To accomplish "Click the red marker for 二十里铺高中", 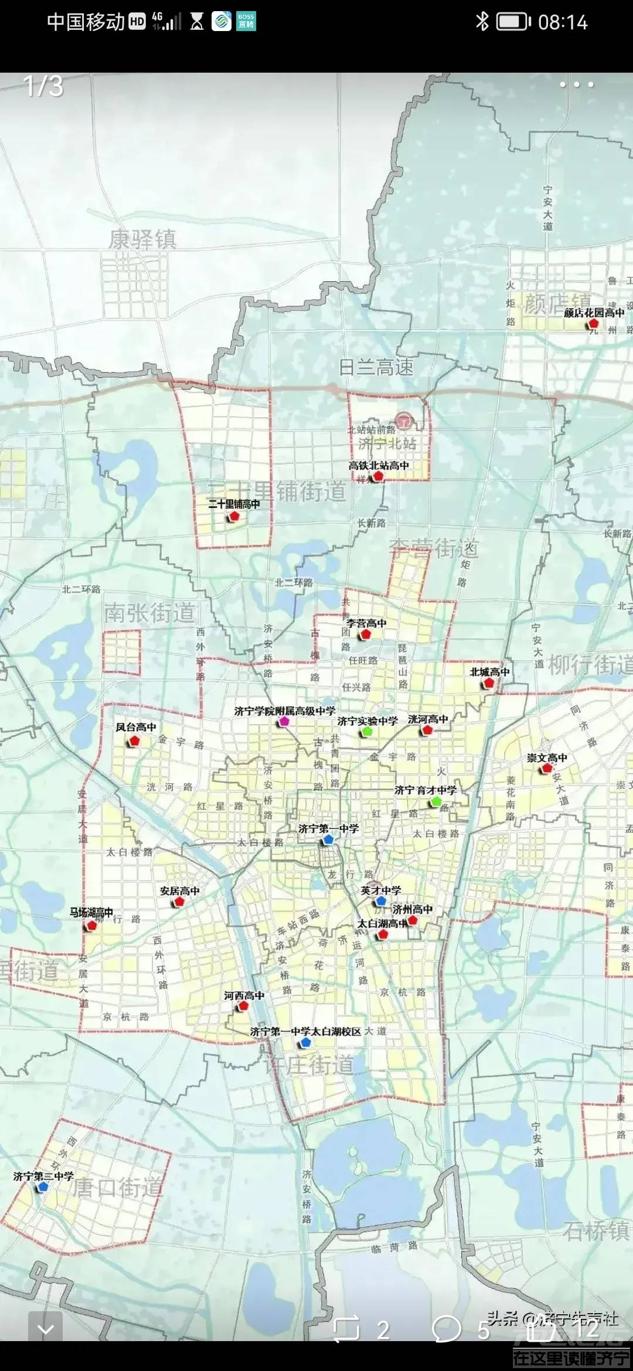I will coord(234,516).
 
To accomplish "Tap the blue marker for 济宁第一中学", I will coord(328,840).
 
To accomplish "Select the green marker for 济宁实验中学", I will coord(367,731).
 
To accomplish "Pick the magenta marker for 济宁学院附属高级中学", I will coord(284,722).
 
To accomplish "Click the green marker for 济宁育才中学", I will coord(436,801).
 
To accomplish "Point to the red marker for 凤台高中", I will coord(134,741).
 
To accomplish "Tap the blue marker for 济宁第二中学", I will coord(42,1187).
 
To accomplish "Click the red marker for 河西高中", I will coord(243,1006).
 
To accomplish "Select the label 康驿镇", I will coord(142,240).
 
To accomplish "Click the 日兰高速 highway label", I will coord(376,367).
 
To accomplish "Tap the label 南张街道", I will coord(149,613).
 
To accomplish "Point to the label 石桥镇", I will coord(596,1230).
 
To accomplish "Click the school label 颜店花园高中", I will coord(594,313).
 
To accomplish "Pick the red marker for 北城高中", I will coord(489,683).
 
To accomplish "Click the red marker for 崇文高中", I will coord(547,768).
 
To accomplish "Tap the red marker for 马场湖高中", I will coord(91,926).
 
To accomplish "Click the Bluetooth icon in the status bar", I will coord(482,22).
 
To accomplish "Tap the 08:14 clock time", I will coord(563,22).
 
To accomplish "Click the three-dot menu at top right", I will coord(576,84).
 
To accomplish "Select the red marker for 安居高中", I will coord(179,902).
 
